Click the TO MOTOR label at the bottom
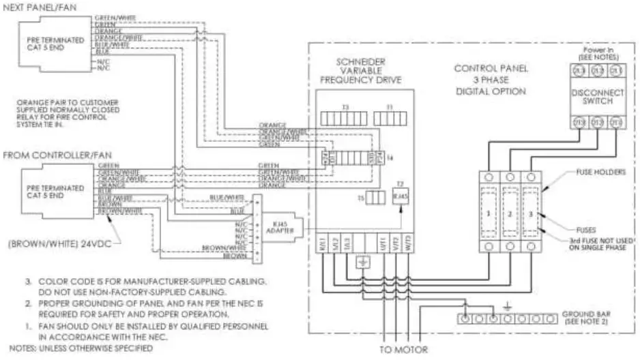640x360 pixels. click(403, 350)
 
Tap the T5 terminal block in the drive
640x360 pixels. click(374, 199)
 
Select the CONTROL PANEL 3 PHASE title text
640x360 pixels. click(490, 79)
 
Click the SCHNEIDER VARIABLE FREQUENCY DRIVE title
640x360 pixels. click(360, 70)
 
